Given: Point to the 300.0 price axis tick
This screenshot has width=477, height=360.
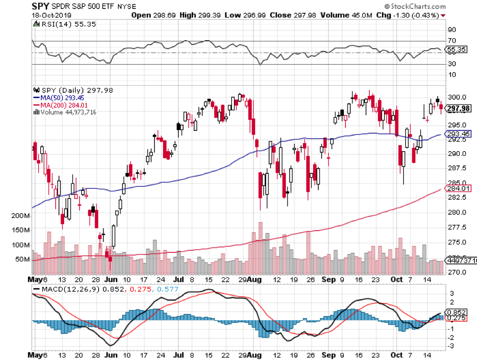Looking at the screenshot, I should [456, 98].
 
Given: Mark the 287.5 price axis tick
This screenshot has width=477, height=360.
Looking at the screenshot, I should [456, 168].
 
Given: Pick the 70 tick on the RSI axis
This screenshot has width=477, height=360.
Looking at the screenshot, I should [453, 41].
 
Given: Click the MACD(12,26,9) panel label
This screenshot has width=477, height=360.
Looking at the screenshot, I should [63, 289].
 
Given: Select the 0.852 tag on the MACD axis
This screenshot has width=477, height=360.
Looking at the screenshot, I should [458, 313].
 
